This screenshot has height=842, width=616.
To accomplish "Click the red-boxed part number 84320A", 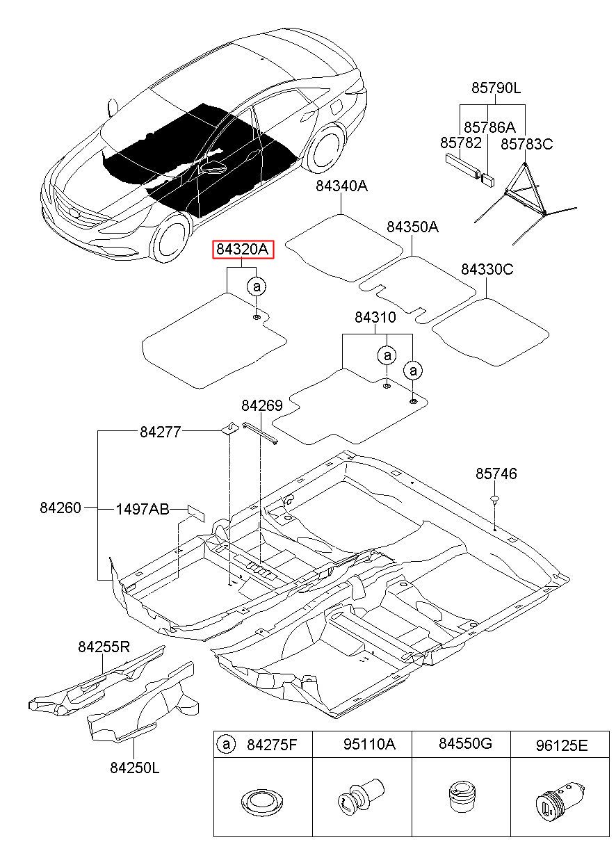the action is click(x=243, y=249).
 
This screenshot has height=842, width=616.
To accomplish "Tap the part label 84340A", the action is click(x=341, y=186).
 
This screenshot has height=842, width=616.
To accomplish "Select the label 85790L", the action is click(x=496, y=88).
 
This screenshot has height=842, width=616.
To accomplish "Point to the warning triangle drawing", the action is click(x=526, y=203).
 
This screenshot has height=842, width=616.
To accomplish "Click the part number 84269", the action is click(x=262, y=405).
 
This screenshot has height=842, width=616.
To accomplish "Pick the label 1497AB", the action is click(x=143, y=510).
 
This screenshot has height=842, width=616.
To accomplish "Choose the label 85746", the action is click(x=496, y=473).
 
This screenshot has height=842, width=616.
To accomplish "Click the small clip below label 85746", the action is click(x=495, y=499).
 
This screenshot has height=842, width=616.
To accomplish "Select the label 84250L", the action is click(x=135, y=768).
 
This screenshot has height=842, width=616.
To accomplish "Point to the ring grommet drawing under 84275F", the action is click(x=263, y=802).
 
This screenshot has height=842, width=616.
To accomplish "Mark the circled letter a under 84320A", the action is click(x=257, y=286).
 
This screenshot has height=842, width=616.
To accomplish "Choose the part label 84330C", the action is click(x=487, y=270).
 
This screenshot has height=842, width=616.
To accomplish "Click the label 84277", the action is click(x=161, y=432).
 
